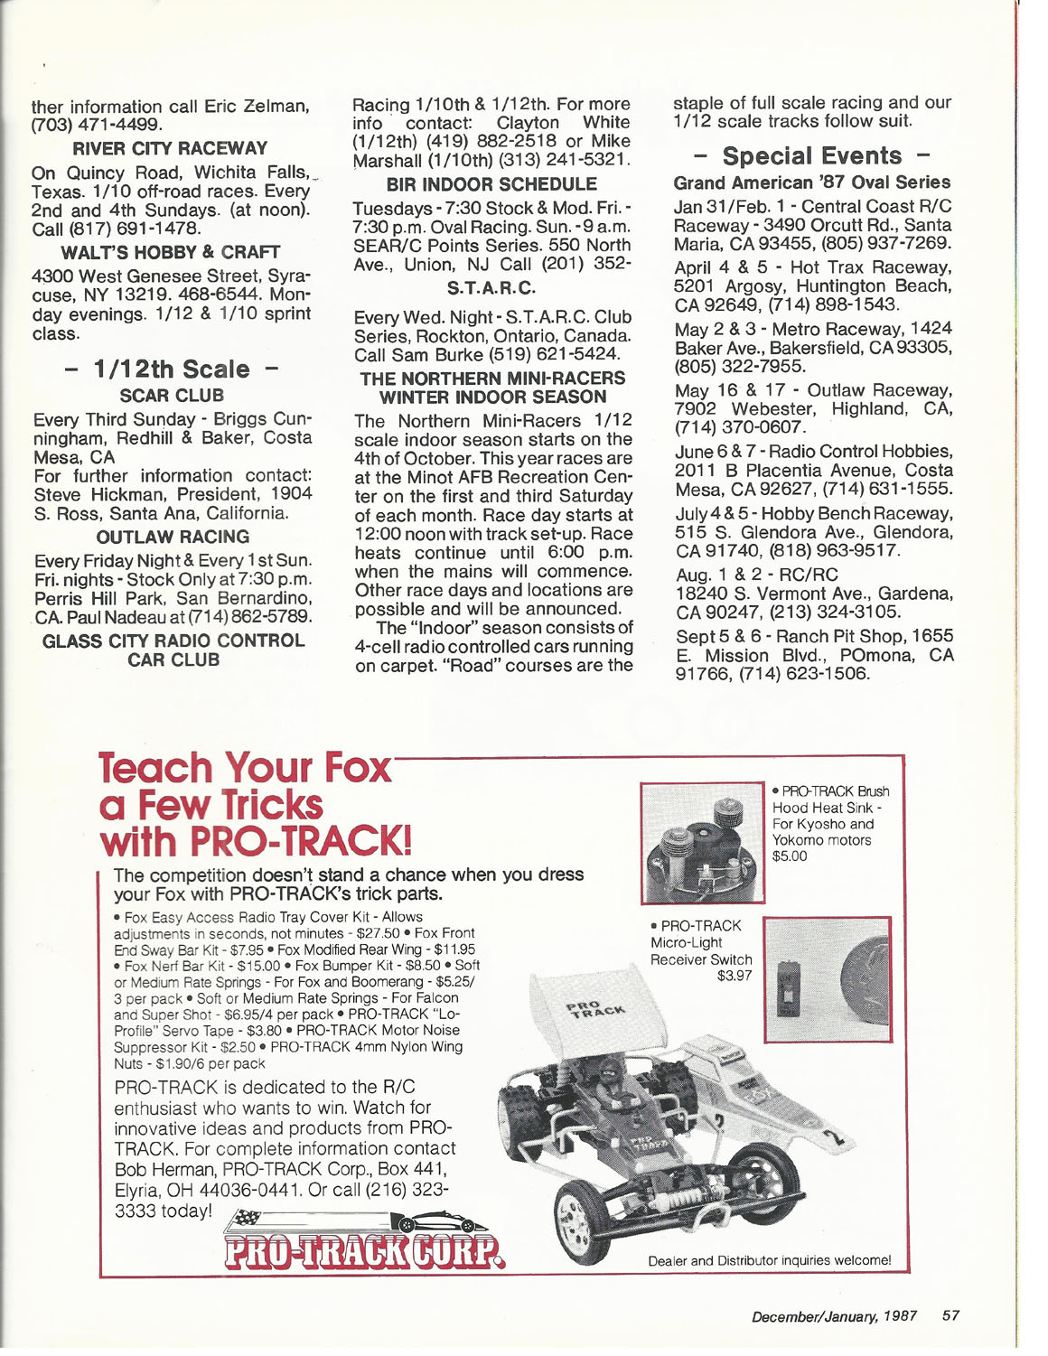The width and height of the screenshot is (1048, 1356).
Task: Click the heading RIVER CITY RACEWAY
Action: (170, 148)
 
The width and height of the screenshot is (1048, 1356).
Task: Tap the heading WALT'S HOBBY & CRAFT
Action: (171, 252)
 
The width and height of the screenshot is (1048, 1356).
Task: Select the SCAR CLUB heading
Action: (172, 396)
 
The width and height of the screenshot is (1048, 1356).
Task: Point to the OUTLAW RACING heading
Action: (173, 537)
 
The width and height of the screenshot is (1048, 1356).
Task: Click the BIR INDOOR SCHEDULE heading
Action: (491, 184)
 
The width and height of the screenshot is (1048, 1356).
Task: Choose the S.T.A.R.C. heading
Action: (491, 288)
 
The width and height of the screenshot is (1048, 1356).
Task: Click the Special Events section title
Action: (811, 156)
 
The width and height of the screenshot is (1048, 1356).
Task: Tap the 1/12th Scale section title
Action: (172, 369)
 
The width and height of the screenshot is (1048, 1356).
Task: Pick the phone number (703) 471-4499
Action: (97, 125)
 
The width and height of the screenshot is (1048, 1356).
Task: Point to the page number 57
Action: (950, 1315)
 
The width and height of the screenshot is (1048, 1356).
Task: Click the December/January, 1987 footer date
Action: (834, 1315)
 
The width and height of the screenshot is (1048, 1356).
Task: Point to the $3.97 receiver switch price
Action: (735, 976)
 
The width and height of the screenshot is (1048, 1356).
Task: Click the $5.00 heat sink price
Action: (790, 856)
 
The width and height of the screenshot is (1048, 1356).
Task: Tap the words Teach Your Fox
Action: (245, 768)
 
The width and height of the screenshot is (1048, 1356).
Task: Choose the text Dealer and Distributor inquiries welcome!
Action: (769, 1260)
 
